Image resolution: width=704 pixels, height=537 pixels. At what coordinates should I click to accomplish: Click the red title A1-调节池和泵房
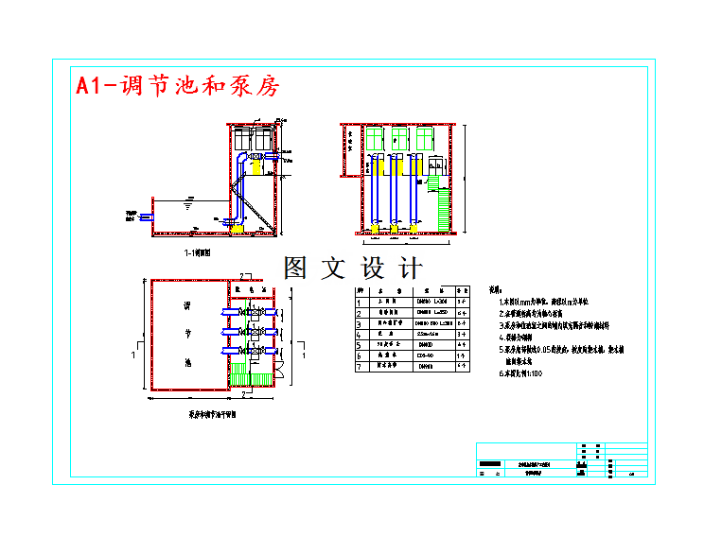[x=178, y=86]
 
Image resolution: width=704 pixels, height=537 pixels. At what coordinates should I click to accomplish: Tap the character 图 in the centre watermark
[x=296, y=268]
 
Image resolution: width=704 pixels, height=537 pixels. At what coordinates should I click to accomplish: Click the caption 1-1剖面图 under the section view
[x=203, y=253]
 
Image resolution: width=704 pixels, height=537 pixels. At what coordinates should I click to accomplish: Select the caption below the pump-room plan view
[x=213, y=413]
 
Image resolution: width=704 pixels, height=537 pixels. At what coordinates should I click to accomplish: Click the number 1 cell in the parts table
[x=360, y=302]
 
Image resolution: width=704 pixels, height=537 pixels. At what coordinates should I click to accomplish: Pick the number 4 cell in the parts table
[x=360, y=334]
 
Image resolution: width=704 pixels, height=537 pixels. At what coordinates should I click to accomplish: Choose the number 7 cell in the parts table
[x=360, y=365]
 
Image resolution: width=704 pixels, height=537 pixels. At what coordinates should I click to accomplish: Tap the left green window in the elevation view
[x=376, y=140]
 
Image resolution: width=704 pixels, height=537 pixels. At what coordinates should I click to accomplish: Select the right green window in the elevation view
[x=423, y=140]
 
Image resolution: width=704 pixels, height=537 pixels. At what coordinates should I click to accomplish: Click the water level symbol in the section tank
[x=188, y=202]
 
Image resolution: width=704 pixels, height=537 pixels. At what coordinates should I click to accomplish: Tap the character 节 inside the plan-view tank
[x=186, y=334]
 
